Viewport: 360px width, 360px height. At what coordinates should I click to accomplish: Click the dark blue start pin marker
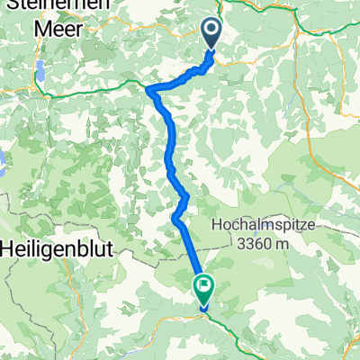[x=211, y=35]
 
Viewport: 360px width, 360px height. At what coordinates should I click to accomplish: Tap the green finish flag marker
[x=204, y=290]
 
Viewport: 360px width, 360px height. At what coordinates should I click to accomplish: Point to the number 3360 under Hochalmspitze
[x=254, y=242]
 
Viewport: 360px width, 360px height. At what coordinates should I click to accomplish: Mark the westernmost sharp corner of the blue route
[x=148, y=89]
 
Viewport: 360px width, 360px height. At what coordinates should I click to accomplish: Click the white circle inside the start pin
[x=211, y=31]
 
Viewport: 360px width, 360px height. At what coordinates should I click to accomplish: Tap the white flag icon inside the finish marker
[x=205, y=288]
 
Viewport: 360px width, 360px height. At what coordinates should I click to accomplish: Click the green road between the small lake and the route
[x=90, y=86]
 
